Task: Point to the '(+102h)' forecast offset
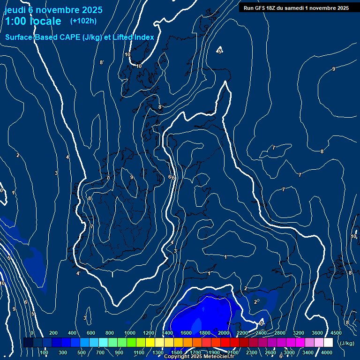pyautogui.click(x=83, y=21)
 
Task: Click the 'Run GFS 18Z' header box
pyautogui.click(x=296, y=7)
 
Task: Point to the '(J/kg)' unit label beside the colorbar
pyautogui.click(x=347, y=343)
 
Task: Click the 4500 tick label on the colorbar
pyautogui.click(x=336, y=333)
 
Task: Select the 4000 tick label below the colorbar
pyautogui.click(x=327, y=352)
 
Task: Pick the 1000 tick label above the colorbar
pyautogui.click(x=130, y=333)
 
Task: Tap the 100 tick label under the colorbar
pyautogui.click(x=44, y=352)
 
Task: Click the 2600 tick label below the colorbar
pyautogui.click(x=270, y=352)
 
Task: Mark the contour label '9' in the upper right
pyautogui.click(x=333, y=69)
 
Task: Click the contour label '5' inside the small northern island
pyautogui.click(x=219, y=52)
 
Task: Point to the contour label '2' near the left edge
pyautogui.click(x=18, y=156)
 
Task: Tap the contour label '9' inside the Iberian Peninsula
pyautogui.click(x=132, y=177)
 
